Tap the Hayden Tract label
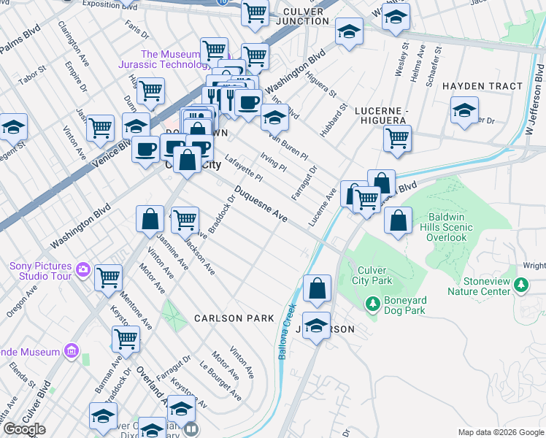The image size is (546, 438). [x=482, y=86]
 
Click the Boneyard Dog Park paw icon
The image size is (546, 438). [x=372, y=302]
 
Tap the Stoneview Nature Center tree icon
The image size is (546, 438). [x=521, y=284]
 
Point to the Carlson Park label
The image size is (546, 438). [x=234, y=318]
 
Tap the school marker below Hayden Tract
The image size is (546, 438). [x=464, y=111]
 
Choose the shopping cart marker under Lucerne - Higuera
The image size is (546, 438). [x=397, y=139]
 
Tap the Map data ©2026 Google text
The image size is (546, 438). [x=499, y=431]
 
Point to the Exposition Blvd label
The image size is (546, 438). [x=110, y=4]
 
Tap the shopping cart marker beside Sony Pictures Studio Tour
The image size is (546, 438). [x=109, y=277]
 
